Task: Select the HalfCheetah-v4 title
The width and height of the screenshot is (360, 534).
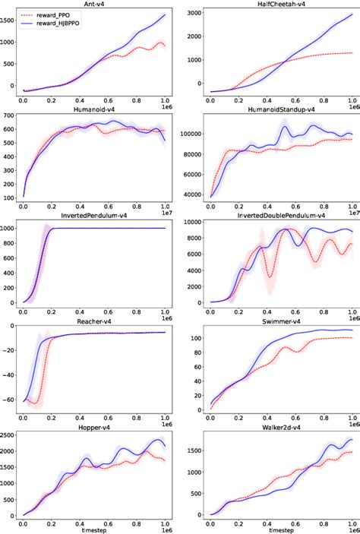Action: click(276, 4)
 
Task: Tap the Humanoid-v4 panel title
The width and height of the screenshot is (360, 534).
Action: click(95, 109)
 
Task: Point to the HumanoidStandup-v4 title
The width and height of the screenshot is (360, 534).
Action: click(276, 109)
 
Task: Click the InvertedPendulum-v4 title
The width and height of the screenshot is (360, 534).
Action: click(95, 215)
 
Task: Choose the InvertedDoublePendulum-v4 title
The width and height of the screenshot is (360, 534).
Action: click(276, 215)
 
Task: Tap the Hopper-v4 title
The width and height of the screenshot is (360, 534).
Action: click(95, 427)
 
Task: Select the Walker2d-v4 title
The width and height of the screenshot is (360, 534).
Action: click(276, 427)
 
